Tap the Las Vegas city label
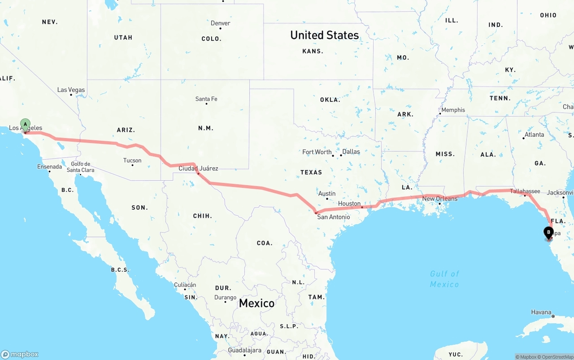71,90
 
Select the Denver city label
220,23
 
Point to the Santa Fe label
206,99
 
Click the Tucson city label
132,160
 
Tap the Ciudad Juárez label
198,169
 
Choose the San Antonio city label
333,217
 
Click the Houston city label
349,204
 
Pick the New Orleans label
440,199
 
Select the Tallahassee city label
525,191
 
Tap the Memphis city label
453,110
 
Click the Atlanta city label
534,134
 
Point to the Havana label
541,312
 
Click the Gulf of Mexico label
444,279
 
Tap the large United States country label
324,35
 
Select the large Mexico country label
257,303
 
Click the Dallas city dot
341,155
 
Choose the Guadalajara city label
244,350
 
